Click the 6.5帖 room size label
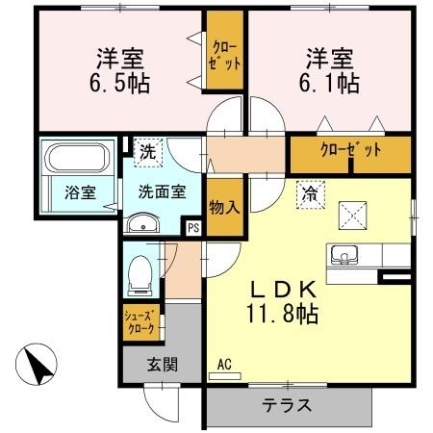click(x=119, y=82)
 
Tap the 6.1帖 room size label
click(x=333, y=82)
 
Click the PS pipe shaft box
click(x=193, y=228)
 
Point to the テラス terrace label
click(x=288, y=405)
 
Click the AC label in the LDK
click(x=223, y=364)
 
